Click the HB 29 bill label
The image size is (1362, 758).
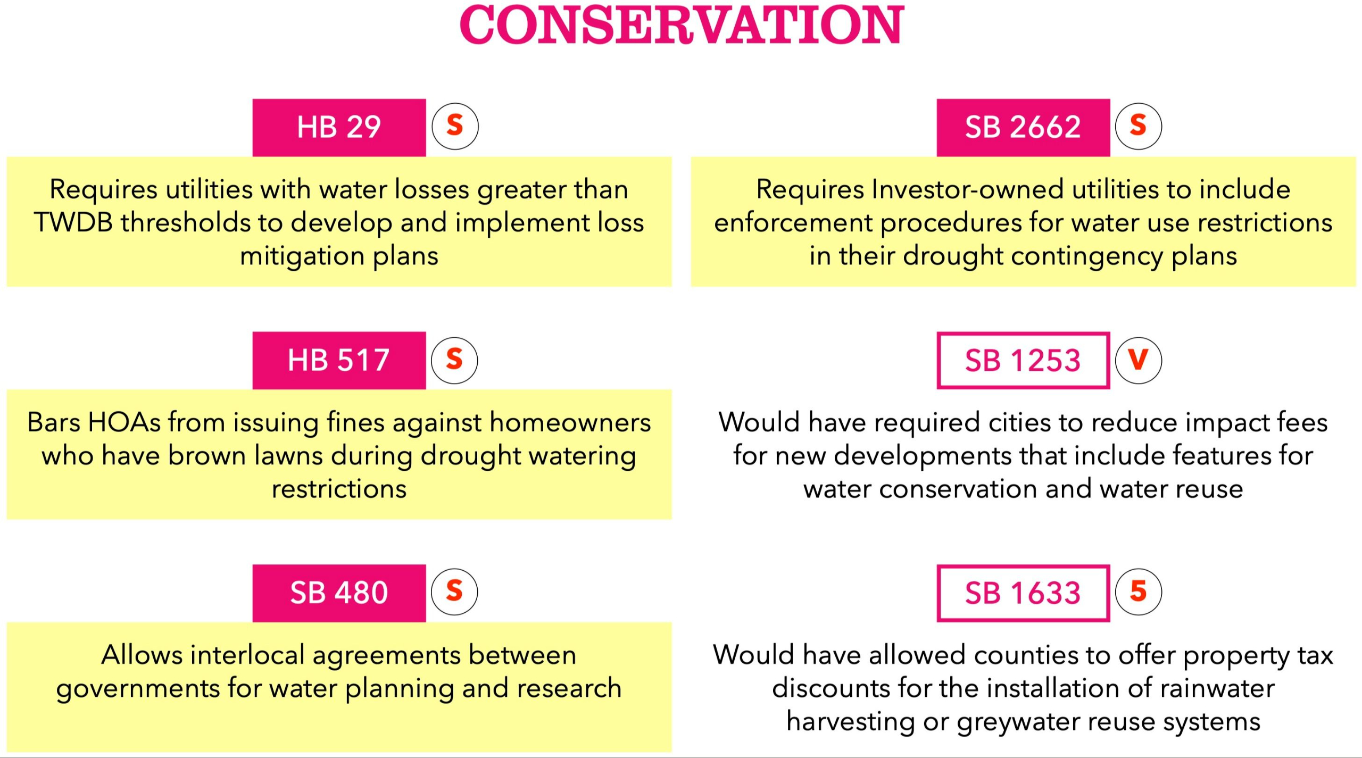[x=339, y=127]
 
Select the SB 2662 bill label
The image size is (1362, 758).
[x=1023, y=127]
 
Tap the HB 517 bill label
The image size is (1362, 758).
[x=339, y=360]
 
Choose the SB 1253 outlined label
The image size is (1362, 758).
[x=1023, y=360]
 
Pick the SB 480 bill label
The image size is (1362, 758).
[x=339, y=593]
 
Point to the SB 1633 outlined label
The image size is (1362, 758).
[x=1023, y=593]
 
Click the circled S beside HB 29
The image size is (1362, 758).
[x=455, y=126]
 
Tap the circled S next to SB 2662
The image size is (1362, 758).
[x=1138, y=126]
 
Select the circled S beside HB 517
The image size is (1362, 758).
[x=454, y=360]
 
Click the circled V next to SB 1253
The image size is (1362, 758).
[x=1138, y=360]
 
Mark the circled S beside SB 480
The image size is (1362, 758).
[x=454, y=592]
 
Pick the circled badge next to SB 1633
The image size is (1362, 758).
[x=1138, y=592]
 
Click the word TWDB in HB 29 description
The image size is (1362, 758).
[x=73, y=222]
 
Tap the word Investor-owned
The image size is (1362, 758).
[x=967, y=189]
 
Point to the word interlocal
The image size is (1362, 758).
[x=247, y=655]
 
